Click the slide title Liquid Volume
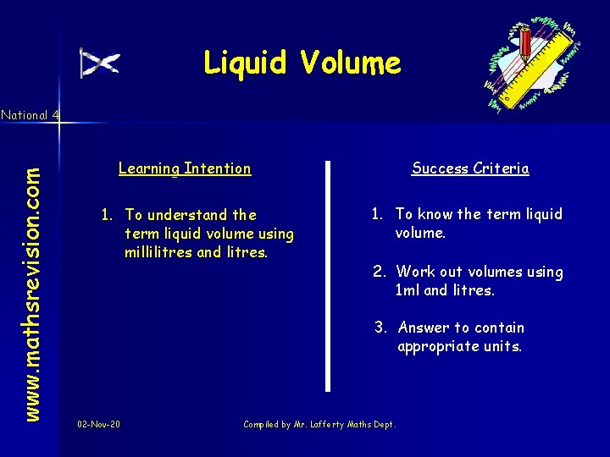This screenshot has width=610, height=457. pyautogui.click(x=302, y=63)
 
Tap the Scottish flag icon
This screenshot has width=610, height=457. pyautogui.click(x=100, y=63)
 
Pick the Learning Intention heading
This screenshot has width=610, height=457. pyautogui.click(x=185, y=168)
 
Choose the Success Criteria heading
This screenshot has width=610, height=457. pyautogui.click(x=470, y=168)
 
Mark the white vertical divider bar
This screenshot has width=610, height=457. pyautogui.click(x=328, y=275)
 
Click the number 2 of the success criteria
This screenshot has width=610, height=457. pyautogui.click(x=379, y=272)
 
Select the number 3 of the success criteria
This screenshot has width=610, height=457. pyautogui.click(x=380, y=328)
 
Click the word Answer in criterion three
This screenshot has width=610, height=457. pyautogui.click(x=424, y=328)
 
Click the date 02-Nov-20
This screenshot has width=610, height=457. pyautogui.click(x=98, y=423)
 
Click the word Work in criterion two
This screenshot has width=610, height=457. pyautogui.click(x=414, y=272)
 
